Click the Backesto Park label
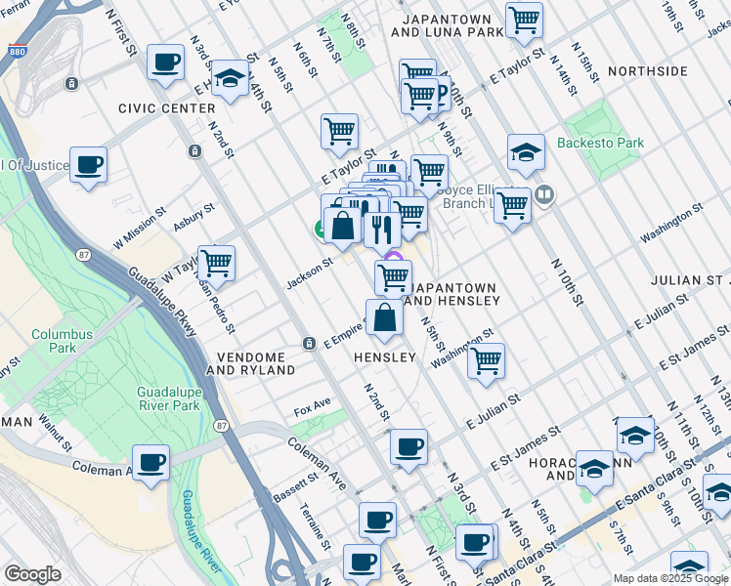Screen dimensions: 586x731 (600, 143)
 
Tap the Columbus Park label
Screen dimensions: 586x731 (62, 341)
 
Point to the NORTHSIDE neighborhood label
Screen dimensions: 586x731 (647, 72)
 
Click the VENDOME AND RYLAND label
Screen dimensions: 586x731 (250, 364)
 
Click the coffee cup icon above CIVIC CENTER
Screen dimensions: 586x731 (164, 63)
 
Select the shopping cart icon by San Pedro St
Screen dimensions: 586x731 (215, 262)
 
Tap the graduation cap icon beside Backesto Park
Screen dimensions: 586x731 (526, 151)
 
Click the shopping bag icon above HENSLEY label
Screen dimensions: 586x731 (384, 317)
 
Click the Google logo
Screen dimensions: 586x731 (32, 574)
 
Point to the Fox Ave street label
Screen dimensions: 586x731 (313, 403)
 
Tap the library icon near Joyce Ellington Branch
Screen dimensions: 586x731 (543, 195)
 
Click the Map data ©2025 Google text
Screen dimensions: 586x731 (668, 577)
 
